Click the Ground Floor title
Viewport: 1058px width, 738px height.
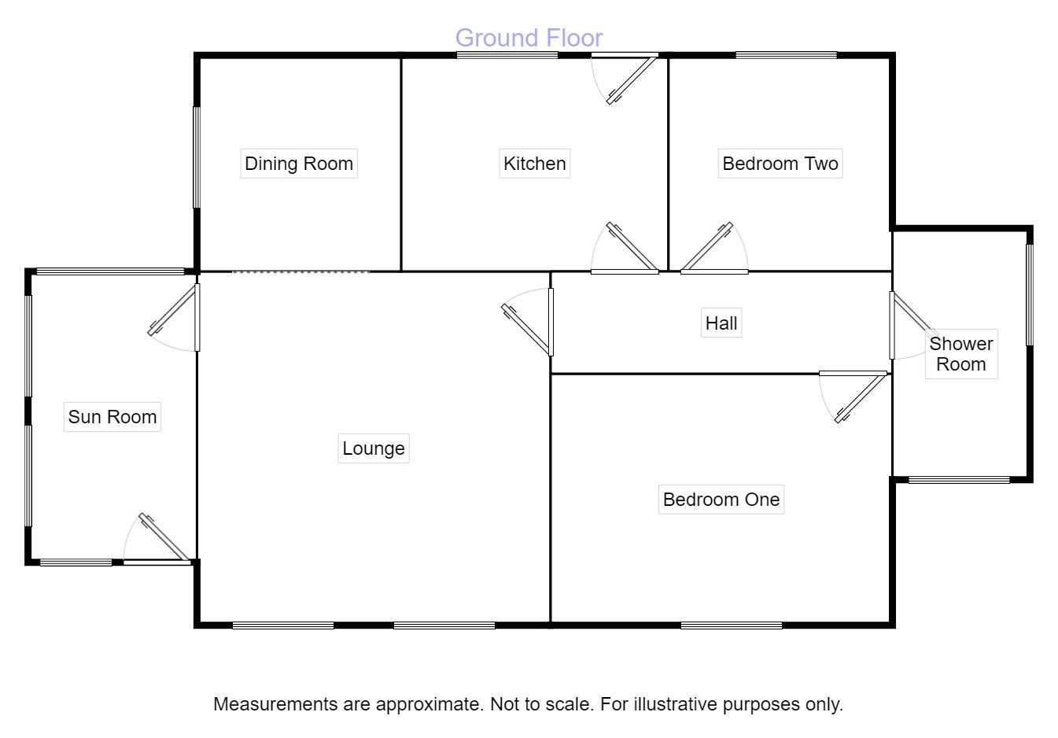click(529, 38)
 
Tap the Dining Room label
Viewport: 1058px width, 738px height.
click(299, 164)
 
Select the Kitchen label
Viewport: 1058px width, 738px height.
click(535, 164)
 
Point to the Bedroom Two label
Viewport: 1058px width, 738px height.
click(780, 164)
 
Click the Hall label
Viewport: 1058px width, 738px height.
click(721, 323)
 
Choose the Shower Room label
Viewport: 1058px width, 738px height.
click(961, 354)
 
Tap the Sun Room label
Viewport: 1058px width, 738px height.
click(112, 417)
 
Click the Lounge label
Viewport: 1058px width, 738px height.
click(374, 448)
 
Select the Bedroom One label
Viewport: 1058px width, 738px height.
click(721, 500)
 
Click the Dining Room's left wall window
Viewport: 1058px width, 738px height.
click(197, 157)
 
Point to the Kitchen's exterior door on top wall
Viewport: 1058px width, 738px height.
click(625, 78)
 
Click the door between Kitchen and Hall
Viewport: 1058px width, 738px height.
click(625, 248)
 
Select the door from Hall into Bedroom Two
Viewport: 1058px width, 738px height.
click(714, 248)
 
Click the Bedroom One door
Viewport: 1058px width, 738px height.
click(853, 397)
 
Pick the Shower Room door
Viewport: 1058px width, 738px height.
click(914, 326)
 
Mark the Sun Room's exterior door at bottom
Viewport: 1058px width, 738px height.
click(157, 539)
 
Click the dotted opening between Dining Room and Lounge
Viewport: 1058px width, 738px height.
click(300, 271)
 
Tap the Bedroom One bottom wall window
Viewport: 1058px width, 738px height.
click(731, 625)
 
